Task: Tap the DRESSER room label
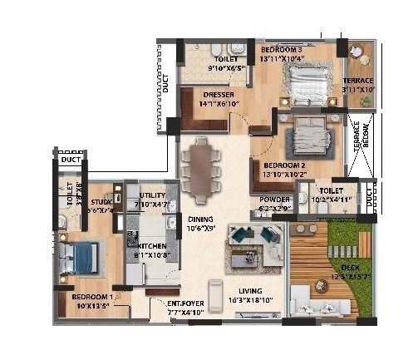click(219, 95)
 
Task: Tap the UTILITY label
click(153, 195)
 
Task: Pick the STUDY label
click(102, 201)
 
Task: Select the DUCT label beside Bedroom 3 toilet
click(166, 82)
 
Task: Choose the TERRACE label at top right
click(357, 81)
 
